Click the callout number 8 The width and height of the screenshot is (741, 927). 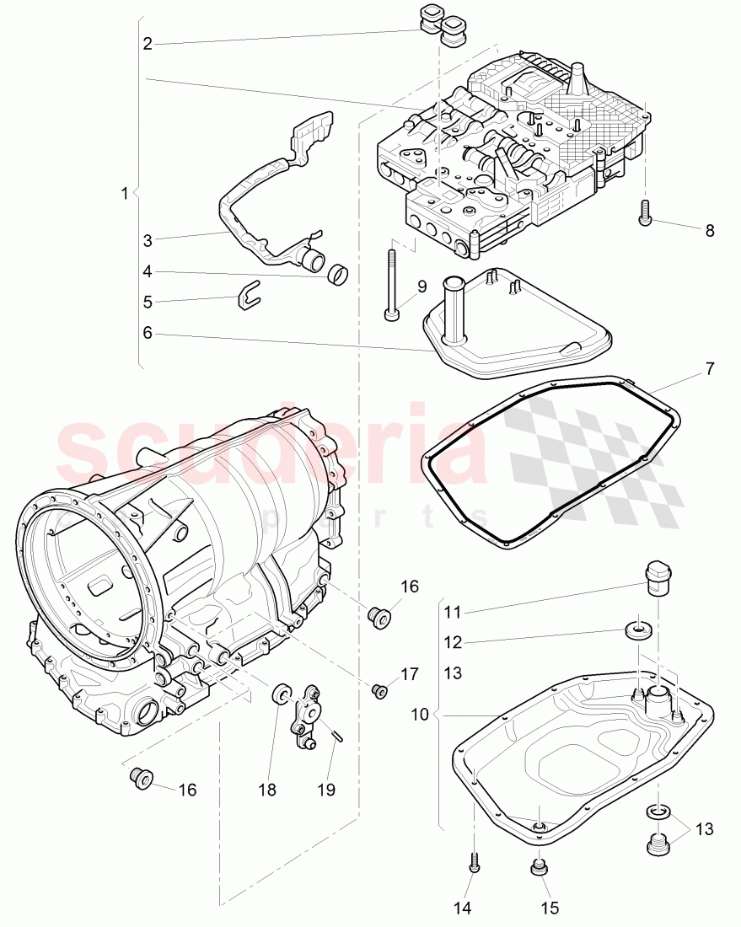[x=709, y=230]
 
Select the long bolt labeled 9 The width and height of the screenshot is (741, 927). [x=391, y=282]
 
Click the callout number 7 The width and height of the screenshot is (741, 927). [x=709, y=368]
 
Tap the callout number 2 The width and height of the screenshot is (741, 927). [x=148, y=44]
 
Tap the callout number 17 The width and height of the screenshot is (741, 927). [x=409, y=674]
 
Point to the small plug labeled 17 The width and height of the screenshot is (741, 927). [x=379, y=691]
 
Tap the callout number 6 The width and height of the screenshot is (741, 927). [x=148, y=333]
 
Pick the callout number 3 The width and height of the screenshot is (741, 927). [x=148, y=240]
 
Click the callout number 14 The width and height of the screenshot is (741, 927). [x=463, y=908]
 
